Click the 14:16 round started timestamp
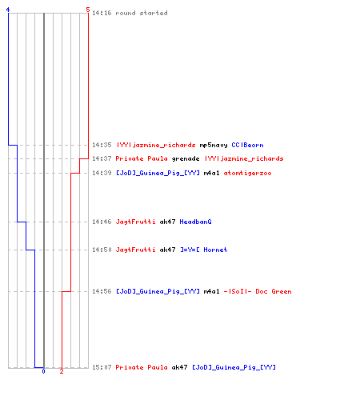tap(102, 13)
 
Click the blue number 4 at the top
tap(8, 10)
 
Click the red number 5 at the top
tap(88, 10)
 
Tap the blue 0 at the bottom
tap(43, 371)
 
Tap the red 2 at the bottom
tap(62, 371)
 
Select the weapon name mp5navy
tap(214, 146)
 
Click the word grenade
tap(186, 159)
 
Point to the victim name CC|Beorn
tap(247, 145)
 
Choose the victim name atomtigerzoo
tap(247, 174)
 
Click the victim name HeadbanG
tap(195, 222)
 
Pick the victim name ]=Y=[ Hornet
tap(204, 250)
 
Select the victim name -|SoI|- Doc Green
tap(258, 291)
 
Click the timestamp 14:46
tap(102, 222)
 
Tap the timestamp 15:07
tap(102, 367)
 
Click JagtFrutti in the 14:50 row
tap(135, 250)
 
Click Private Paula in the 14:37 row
tap(142, 158)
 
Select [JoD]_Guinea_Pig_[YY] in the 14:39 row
tap(158, 174)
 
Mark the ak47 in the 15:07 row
tap(179, 367)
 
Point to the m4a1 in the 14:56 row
tap(211, 291)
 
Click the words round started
tap(142, 13)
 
